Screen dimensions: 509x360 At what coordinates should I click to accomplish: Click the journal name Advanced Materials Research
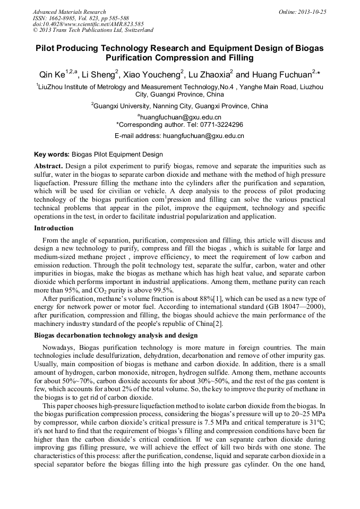70,12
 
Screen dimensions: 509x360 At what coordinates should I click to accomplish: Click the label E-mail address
138,136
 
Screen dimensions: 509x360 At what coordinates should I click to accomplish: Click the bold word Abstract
48,166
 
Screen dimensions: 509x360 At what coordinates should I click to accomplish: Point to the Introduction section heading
54,228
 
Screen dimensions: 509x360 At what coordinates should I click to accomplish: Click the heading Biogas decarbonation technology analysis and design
116,335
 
